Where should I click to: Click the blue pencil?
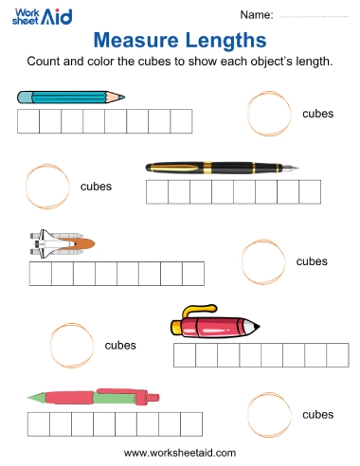[x=71, y=97]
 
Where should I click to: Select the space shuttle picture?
[x=60, y=245]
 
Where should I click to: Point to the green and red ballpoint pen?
[x=91, y=399]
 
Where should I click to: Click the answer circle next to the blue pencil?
[x=269, y=114]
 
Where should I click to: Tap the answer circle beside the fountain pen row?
[x=45, y=186]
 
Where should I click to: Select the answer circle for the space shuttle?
[x=263, y=260]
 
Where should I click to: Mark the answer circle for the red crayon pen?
[x=71, y=344]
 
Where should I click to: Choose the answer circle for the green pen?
[x=269, y=415]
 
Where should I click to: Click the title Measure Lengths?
[x=180, y=40]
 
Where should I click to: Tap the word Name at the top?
[x=257, y=15]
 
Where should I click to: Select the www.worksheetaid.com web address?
[x=180, y=452]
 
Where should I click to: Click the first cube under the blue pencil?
[x=28, y=121]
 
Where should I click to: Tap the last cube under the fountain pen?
[x=311, y=192]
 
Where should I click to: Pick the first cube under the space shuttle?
[x=41, y=274]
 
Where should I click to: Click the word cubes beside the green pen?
[x=317, y=415]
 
